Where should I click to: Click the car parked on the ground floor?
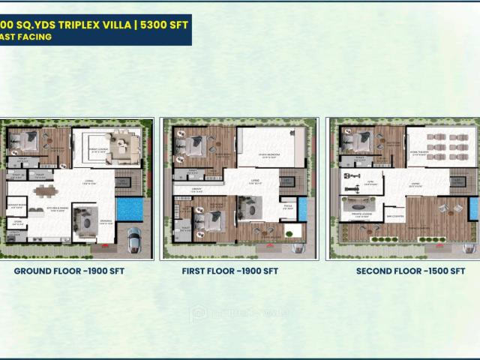133,239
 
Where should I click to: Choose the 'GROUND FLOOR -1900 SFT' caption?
69,271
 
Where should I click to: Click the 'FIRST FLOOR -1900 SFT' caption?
229,271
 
